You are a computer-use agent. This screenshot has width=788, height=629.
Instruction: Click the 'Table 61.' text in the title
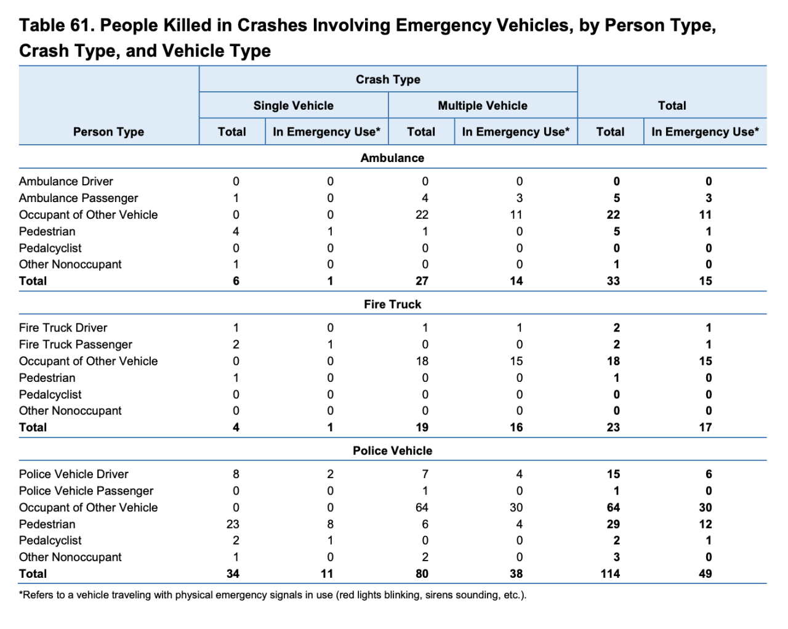click(56, 26)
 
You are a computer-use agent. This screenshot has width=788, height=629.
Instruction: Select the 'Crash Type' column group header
click(388, 79)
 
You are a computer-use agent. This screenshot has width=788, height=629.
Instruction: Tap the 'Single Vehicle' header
click(293, 105)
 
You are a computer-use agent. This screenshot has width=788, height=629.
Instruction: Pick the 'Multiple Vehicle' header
click(482, 105)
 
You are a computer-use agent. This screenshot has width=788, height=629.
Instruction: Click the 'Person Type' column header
click(108, 132)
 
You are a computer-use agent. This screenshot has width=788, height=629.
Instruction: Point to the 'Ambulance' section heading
click(392, 158)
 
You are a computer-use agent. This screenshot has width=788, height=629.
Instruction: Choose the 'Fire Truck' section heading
click(392, 304)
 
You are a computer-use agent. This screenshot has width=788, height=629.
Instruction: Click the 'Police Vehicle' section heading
click(392, 450)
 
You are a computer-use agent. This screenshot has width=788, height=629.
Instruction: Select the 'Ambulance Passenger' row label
click(78, 198)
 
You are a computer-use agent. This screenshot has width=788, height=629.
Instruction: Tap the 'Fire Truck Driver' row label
click(63, 328)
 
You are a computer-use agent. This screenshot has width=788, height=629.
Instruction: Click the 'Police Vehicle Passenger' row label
click(86, 491)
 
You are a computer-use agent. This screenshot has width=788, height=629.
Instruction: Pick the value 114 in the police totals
click(610, 574)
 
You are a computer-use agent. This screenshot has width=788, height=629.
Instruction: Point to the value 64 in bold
click(613, 508)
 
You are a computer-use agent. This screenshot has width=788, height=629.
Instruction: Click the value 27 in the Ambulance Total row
click(422, 281)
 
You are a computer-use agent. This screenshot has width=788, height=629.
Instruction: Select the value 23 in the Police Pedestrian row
click(233, 524)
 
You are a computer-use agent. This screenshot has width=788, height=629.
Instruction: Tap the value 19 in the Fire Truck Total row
click(422, 428)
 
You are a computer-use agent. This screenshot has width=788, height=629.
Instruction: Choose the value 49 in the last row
click(706, 574)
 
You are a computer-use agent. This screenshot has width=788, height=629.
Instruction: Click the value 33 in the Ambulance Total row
click(613, 281)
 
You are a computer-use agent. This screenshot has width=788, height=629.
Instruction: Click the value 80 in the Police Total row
click(422, 574)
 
